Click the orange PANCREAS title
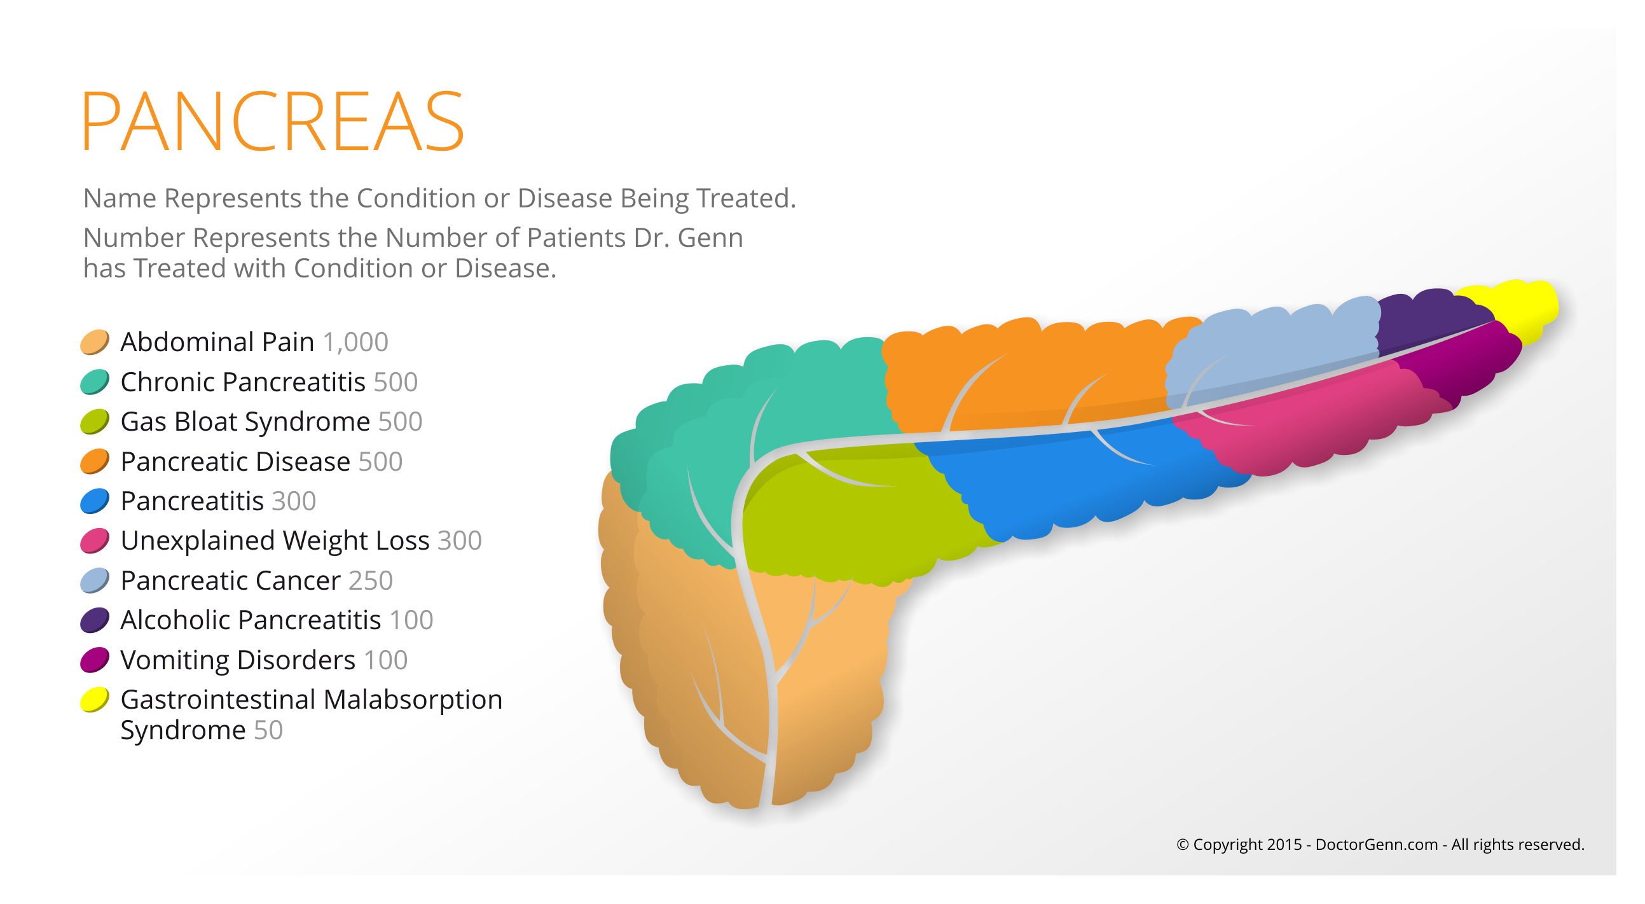point(273,122)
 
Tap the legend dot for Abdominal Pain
point(95,342)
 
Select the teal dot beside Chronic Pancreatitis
point(95,382)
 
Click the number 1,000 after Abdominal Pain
point(355,342)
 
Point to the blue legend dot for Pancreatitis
point(95,501)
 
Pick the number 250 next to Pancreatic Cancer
point(370,581)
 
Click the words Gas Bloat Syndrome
point(245,422)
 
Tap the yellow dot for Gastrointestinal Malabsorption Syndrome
point(95,700)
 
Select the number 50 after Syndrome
point(268,730)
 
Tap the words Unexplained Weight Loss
point(275,541)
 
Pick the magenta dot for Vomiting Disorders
point(95,660)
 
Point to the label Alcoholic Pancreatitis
point(251,620)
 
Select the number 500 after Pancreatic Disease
point(381,462)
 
